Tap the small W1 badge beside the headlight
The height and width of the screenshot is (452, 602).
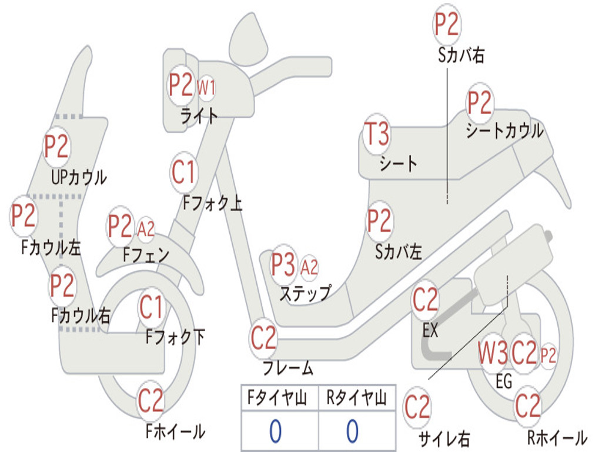tap(206, 89)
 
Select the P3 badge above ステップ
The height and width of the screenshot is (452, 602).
tap(283, 266)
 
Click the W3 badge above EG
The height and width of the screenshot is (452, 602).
tap(493, 354)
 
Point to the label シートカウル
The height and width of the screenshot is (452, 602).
tap(504, 131)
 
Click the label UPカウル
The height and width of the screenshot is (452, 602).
tap(79, 177)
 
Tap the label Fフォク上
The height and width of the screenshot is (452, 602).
tap(212, 203)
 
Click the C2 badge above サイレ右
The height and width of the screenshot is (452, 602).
tap(417, 407)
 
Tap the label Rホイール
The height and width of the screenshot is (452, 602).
tap(556, 437)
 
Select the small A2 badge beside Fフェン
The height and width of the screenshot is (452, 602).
tap(146, 229)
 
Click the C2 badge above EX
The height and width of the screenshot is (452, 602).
tap(425, 301)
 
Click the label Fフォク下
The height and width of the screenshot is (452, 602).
tap(175, 337)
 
